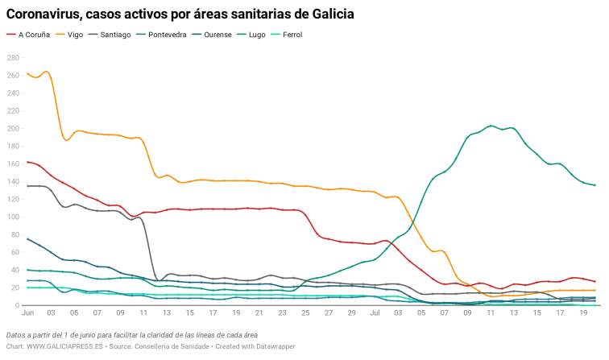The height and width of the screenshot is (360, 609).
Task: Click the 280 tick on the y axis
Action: point(14,58)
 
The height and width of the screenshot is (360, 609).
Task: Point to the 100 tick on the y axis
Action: point(14,217)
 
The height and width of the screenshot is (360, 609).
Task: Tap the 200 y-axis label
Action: point(14,129)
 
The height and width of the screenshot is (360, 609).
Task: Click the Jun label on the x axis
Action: point(28,312)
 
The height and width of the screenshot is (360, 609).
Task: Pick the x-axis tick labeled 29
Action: point(352,312)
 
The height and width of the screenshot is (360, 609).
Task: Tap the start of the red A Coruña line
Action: point(27,162)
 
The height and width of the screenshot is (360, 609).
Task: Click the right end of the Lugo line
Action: point(594,185)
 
